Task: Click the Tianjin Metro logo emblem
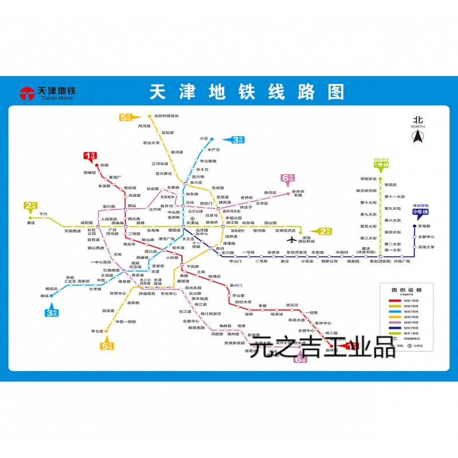27,93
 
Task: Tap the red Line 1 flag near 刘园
89,155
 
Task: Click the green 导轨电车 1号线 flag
381,164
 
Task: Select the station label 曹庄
31,223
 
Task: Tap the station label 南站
45,295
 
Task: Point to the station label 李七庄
96,331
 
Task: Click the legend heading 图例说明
406,290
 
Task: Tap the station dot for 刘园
97,165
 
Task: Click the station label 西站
132,206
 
